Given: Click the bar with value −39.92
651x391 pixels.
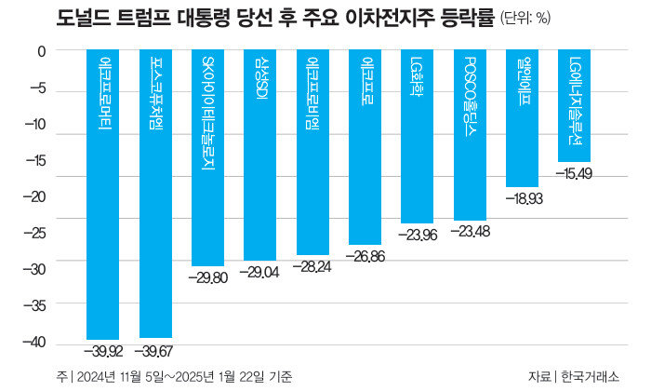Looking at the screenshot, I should pos(102,195).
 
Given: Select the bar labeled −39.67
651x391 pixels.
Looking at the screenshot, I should pos(155,195).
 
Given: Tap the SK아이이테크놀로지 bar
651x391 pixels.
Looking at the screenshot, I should pos(207,158).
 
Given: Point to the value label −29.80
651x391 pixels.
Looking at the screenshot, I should pos(207,277).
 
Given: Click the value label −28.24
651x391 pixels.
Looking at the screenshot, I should pos(312,265).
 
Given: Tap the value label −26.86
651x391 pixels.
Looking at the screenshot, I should pos(365,255).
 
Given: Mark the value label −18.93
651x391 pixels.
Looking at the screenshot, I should pos(522,198).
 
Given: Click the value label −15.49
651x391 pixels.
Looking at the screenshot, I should pos(574,173).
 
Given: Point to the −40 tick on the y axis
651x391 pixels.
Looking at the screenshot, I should pos(33,343).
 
